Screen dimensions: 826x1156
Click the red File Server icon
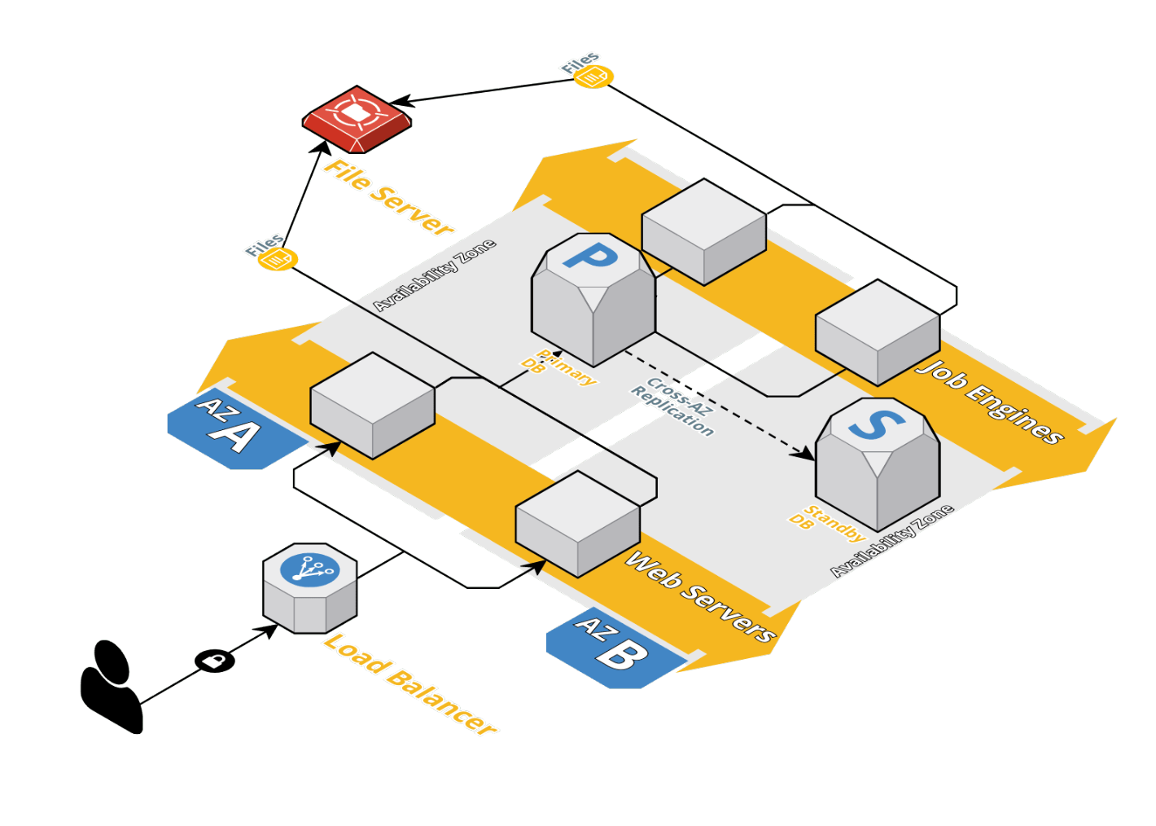(357, 118)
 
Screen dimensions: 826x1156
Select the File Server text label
(389, 198)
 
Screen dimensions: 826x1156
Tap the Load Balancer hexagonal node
(310, 587)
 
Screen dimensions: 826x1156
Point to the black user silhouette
(112, 687)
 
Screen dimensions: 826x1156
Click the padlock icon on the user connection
(215, 660)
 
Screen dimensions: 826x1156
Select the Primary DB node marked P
(593, 298)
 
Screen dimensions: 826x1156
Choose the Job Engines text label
(990, 402)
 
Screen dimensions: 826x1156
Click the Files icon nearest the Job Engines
(593, 77)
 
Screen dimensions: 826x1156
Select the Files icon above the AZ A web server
(278, 259)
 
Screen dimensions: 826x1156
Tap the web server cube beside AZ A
(373, 405)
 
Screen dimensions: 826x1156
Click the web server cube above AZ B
(578, 523)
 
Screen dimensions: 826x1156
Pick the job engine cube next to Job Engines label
(878, 332)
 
